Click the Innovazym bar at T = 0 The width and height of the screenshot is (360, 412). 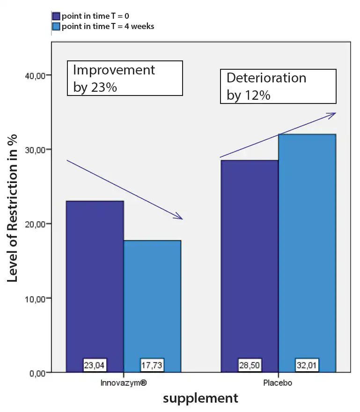click(95, 281)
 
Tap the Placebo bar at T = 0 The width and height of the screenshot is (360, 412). click(249, 262)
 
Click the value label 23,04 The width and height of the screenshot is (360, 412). click(95, 365)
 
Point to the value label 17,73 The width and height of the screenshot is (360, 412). click(152, 365)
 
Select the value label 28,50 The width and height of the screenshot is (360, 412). click(250, 365)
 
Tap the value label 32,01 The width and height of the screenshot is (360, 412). click(307, 365)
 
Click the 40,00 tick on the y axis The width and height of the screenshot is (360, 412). click(33, 75)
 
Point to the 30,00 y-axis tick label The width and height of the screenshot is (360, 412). click(33, 150)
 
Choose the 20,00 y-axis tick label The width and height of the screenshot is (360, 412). click(33, 224)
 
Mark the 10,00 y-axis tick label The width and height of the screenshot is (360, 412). click(33, 298)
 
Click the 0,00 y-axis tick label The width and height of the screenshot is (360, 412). click(35, 373)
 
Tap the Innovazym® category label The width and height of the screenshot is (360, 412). click(124, 383)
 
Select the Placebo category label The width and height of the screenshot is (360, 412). click(278, 383)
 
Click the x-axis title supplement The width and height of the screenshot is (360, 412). click(200, 398)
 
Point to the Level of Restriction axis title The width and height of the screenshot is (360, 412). click(13, 208)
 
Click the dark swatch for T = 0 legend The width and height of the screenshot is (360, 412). click(56, 17)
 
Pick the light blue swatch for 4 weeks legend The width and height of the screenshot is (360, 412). click(56, 26)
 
